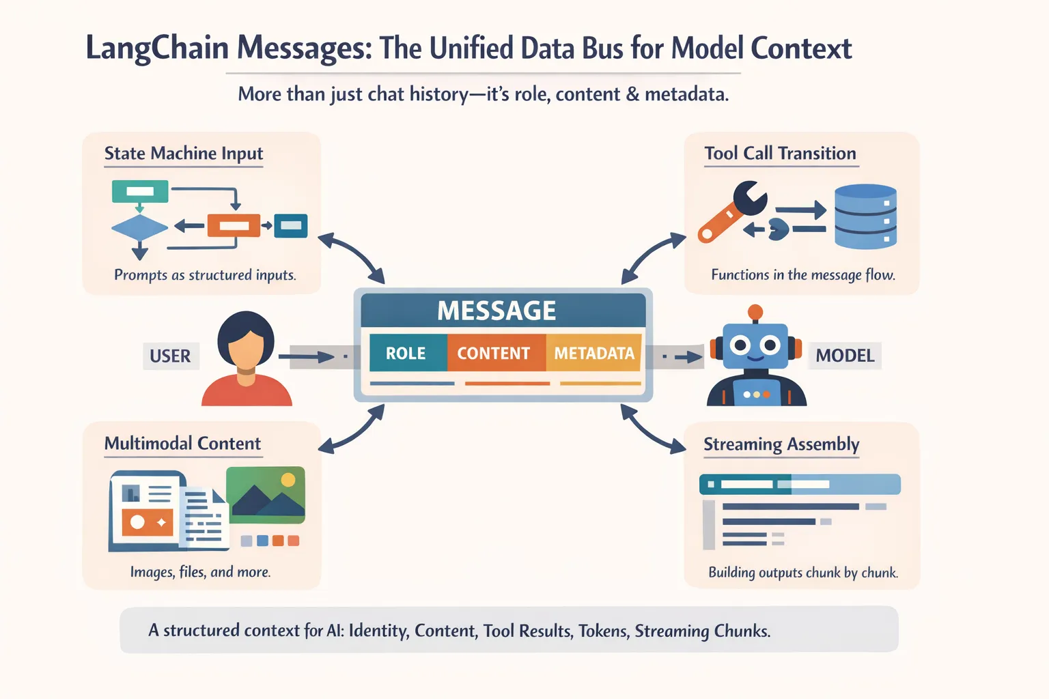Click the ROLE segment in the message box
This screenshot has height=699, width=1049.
pos(406,353)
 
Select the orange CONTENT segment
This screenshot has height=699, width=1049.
pos(494,353)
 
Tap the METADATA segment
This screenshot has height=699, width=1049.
pos(594,353)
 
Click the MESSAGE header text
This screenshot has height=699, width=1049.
pos(496,311)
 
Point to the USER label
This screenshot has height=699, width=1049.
pos(170,356)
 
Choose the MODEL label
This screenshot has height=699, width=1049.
pos(845,356)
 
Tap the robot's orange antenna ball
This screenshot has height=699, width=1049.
pos(755,313)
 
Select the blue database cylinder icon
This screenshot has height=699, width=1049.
pos(865,216)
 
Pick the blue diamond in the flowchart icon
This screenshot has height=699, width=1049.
pos(139,227)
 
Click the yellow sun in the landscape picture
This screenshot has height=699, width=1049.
pos(288,480)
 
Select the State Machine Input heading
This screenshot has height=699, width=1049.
pos(183,154)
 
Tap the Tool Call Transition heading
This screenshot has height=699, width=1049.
pos(780,154)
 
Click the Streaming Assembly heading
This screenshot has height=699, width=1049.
pos(781,444)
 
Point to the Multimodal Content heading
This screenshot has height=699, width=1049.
pos(182,444)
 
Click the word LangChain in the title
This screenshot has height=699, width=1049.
pos(157,48)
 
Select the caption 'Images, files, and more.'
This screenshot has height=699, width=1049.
pos(200,572)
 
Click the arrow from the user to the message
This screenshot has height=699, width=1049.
pos(311,356)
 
